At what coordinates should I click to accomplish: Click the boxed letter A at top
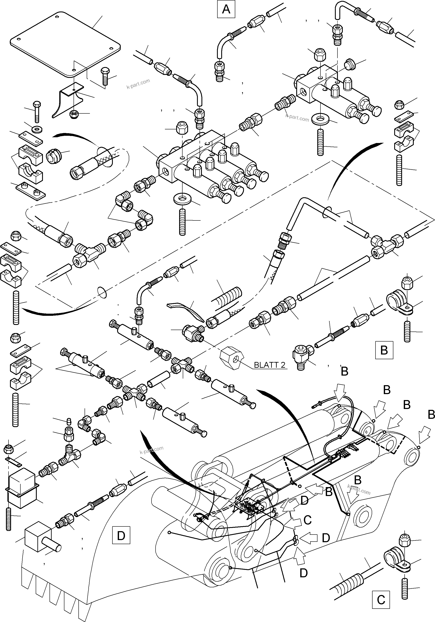pyautogui.click(x=226, y=10)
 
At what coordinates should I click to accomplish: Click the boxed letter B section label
pyautogui.click(x=384, y=350)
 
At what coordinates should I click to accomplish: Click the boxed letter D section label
pyautogui.click(x=121, y=535)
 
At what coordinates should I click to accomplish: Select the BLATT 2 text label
pyautogui.click(x=269, y=365)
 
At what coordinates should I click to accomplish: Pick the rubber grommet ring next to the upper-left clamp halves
pyautogui.click(x=54, y=156)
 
